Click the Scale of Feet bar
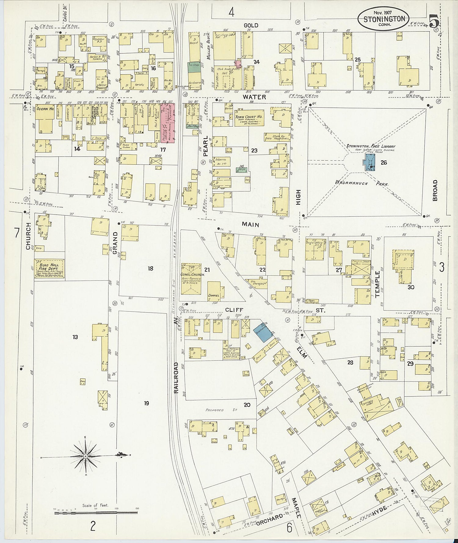96,513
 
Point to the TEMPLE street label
377,284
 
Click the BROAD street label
435,190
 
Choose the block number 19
147,403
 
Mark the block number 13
75,337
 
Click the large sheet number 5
433,22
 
